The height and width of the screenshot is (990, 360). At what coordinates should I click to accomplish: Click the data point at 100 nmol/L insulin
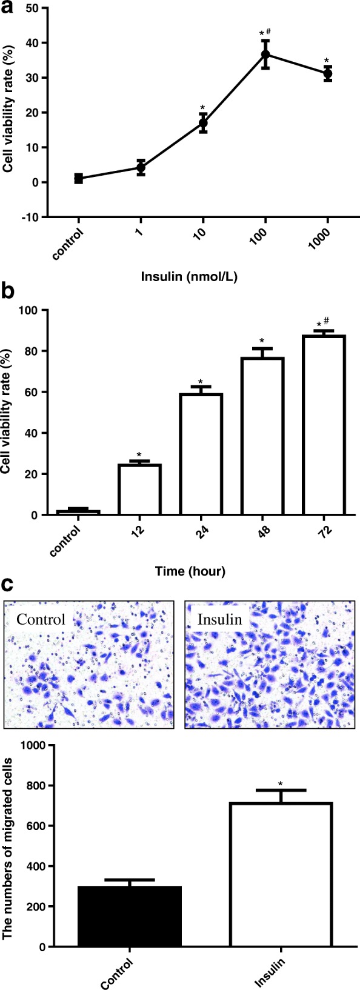coord(265,55)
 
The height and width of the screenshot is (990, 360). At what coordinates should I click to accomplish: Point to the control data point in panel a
coord(78,178)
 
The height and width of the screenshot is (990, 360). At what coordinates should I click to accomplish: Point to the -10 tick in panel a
coord(28,217)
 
